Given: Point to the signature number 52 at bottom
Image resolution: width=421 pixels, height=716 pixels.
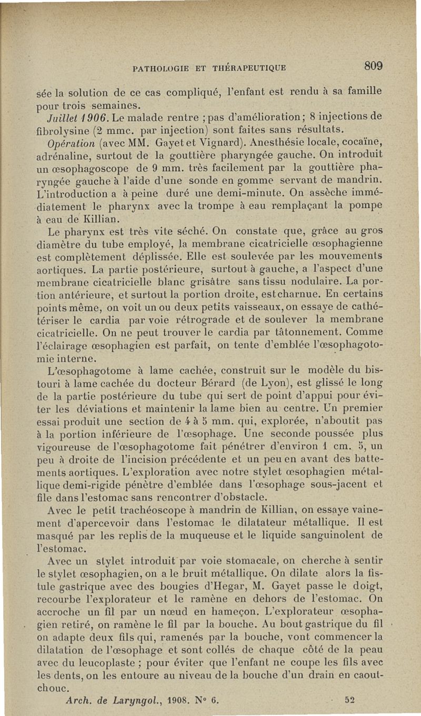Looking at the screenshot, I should point(348,701).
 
